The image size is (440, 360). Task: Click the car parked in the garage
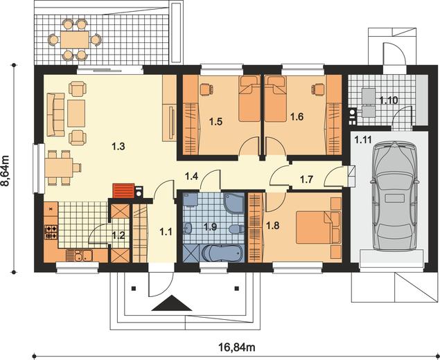(x=394, y=196)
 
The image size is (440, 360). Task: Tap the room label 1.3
(x=118, y=146)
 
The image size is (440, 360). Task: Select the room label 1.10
(x=389, y=100)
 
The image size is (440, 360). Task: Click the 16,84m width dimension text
(x=236, y=348)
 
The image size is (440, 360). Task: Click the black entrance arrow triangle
(x=172, y=303)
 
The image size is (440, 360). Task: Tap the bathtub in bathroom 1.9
(x=222, y=253)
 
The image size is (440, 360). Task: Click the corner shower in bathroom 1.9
(x=234, y=203)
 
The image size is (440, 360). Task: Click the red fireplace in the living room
(x=123, y=191)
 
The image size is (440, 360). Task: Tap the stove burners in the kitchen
(x=51, y=233)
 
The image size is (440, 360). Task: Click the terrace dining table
(x=75, y=39)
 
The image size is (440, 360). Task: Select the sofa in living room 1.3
(x=55, y=115)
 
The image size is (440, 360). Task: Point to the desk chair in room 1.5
(x=206, y=89)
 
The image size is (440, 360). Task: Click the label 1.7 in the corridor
(x=306, y=179)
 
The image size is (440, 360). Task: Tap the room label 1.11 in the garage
(x=363, y=139)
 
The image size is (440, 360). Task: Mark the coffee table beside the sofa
(x=76, y=114)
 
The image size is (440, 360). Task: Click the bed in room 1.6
(x=275, y=98)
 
